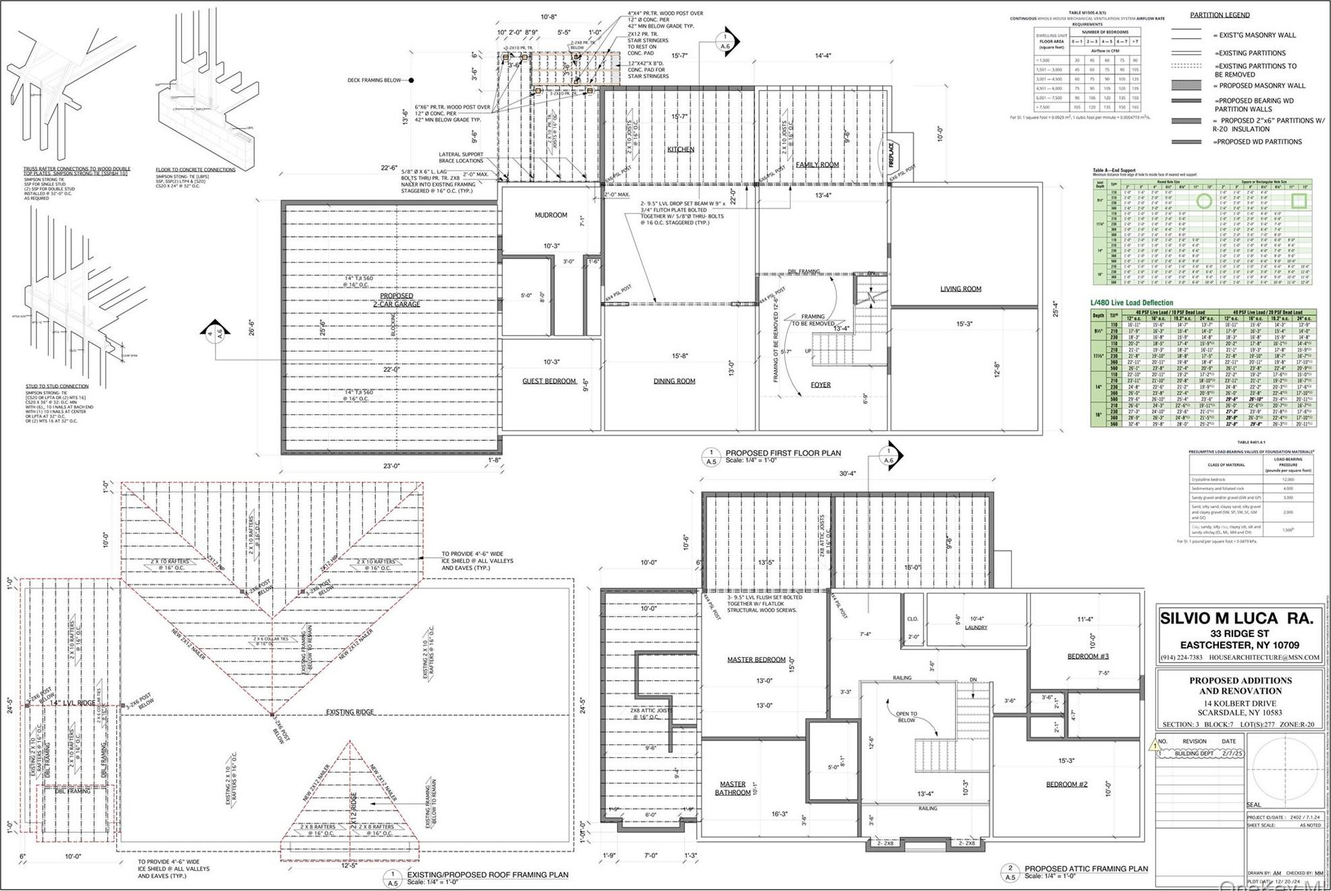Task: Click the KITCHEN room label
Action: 680,149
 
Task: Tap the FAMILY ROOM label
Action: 817,165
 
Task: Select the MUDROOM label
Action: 551,215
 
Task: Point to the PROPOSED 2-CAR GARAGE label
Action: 396,300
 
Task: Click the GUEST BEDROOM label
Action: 549,381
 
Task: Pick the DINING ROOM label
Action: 674,381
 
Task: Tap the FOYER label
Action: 820,385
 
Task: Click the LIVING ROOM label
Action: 960,289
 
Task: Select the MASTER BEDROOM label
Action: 756,660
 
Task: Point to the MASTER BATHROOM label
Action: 732,788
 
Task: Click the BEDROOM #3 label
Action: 1088,656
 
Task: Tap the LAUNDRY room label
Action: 975,627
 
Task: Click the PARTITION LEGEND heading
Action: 1219,15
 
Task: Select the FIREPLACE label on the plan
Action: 891,155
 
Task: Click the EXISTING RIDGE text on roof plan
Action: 349,712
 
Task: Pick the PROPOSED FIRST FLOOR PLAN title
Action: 783,453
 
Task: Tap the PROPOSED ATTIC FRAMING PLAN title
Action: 1086,869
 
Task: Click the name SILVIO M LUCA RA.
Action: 1236,618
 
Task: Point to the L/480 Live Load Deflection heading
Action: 1132,303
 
